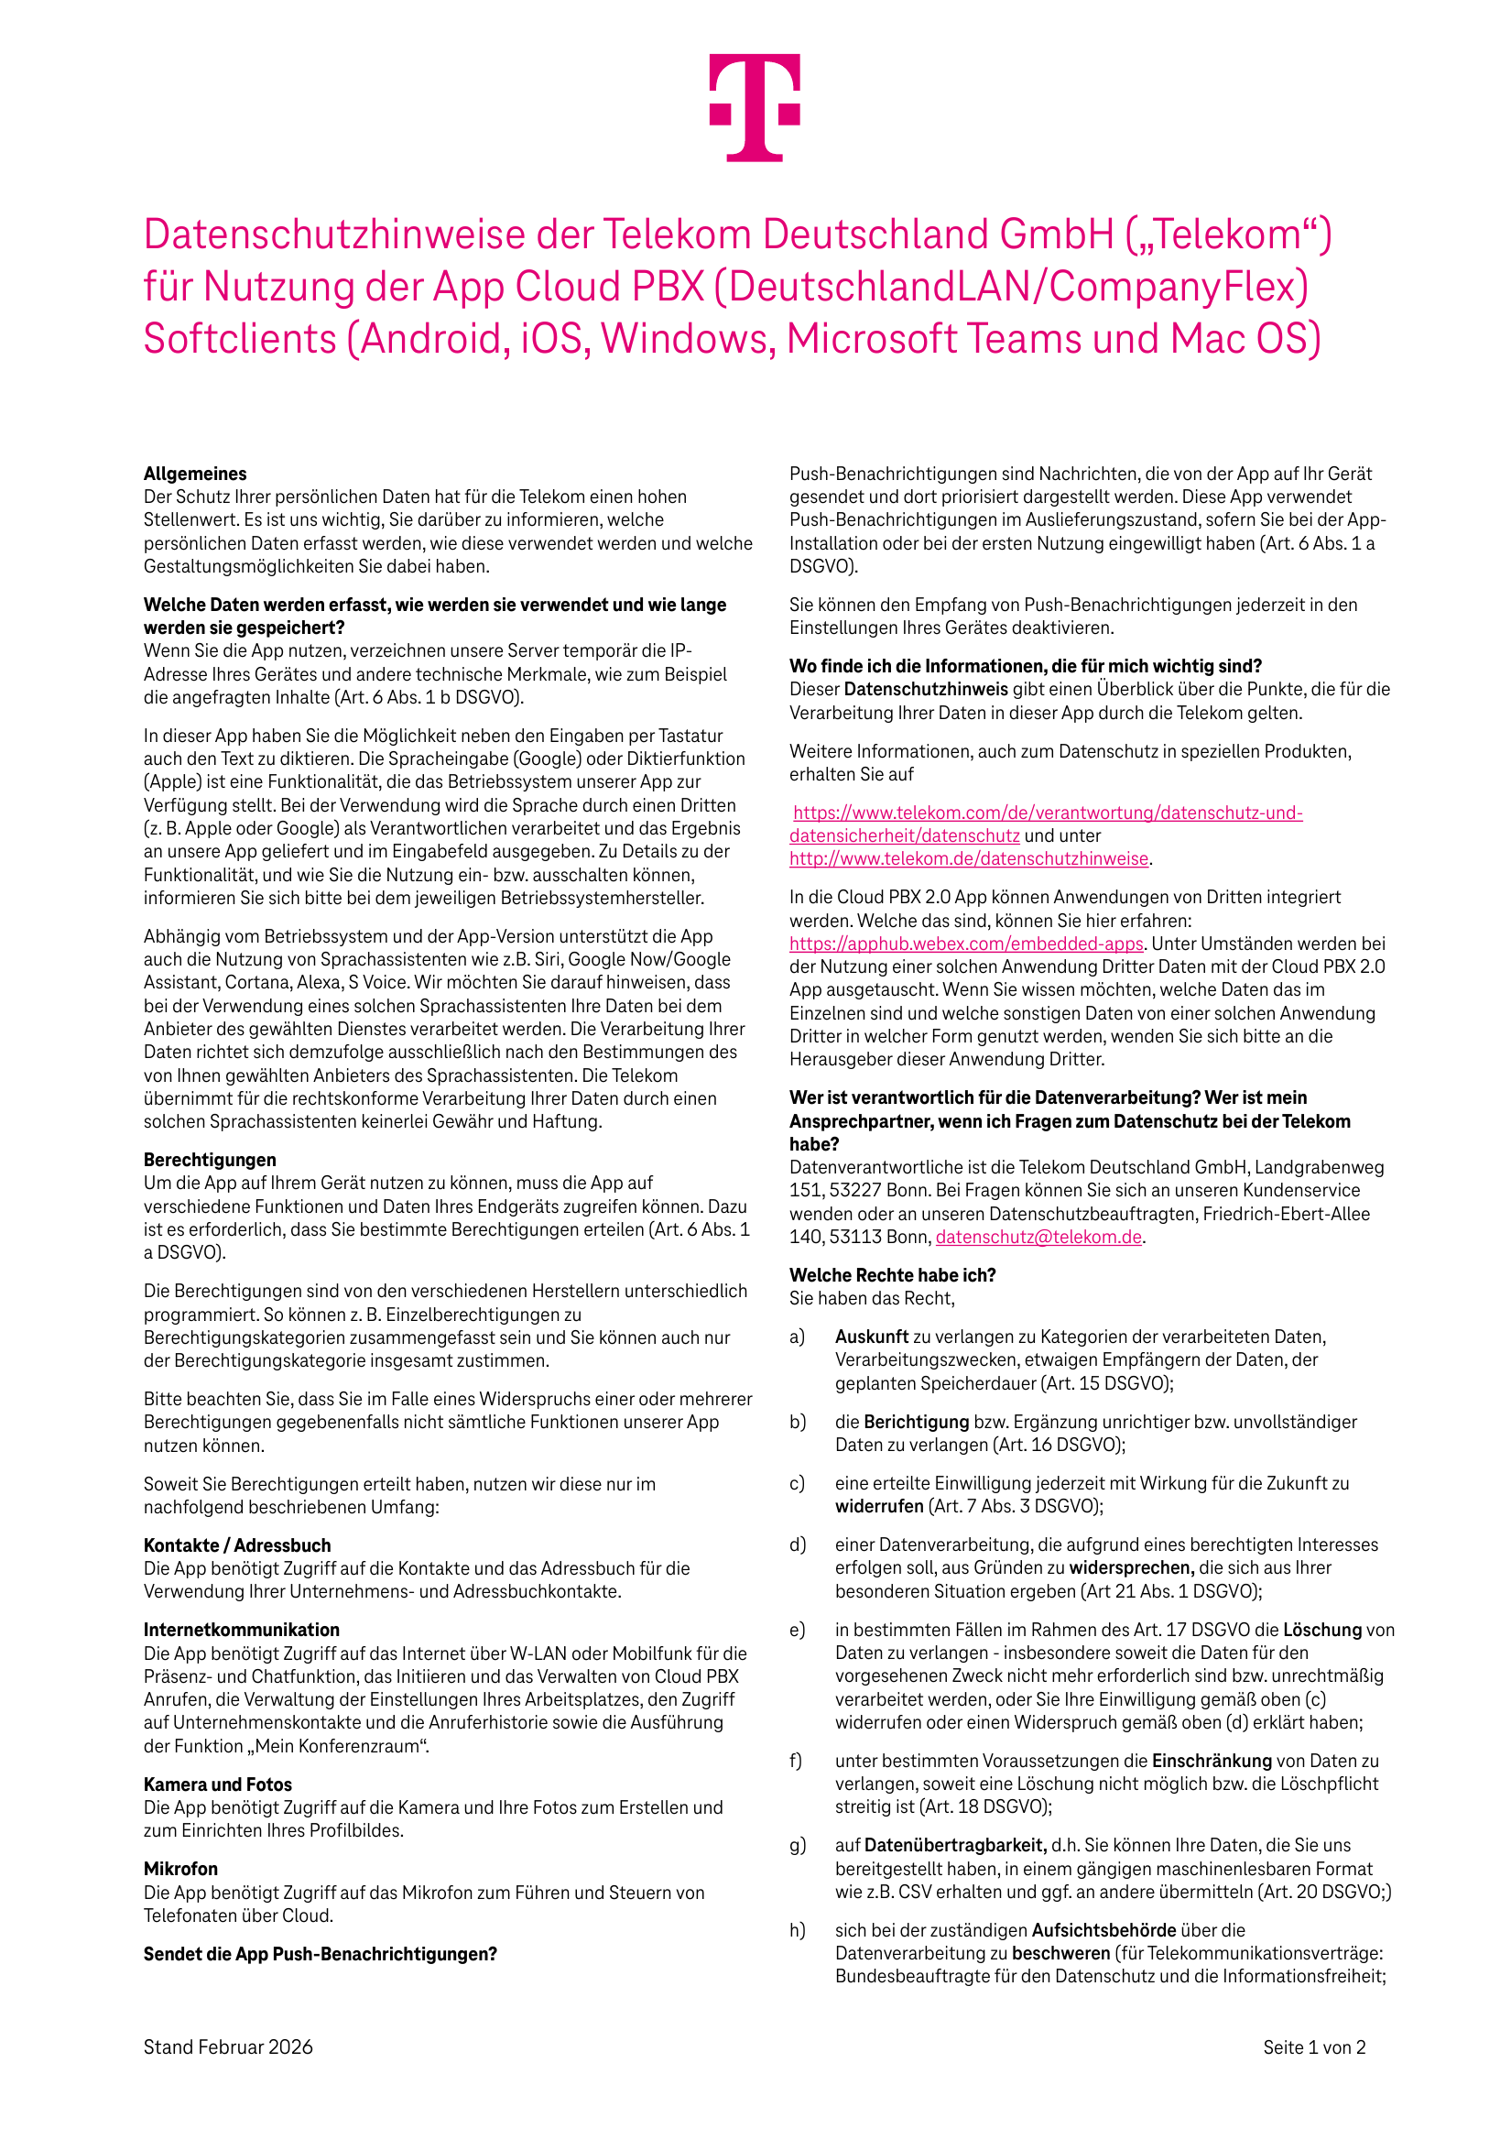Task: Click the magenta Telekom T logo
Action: click(x=755, y=107)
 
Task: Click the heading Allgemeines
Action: click(x=195, y=474)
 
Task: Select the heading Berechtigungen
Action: click(x=210, y=1159)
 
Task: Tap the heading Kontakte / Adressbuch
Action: click(x=236, y=1544)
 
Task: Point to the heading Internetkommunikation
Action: click(x=241, y=1630)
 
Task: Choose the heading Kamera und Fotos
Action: click(x=217, y=1784)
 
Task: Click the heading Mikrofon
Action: click(x=180, y=1869)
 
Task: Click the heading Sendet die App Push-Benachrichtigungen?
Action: click(x=320, y=1954)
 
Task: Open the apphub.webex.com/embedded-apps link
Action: click(x=966, y=944)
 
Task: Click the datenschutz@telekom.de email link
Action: click(x=1038, y=1238)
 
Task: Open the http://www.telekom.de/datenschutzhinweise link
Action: click(x=969, y=859)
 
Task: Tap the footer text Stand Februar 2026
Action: click(x=227, y=2046)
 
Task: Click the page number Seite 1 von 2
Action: click(x=1313, y=2046)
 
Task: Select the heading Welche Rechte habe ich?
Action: click(x=893, y=1274)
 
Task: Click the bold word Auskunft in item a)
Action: click(x=871, y=1337)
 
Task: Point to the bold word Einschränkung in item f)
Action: click(x=1211, y=1761)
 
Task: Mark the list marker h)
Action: click(x=798, y=1930)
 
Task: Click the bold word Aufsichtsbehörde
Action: click(x=1103, y=1930)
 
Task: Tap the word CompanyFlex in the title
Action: click(x=1178, y=287)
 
